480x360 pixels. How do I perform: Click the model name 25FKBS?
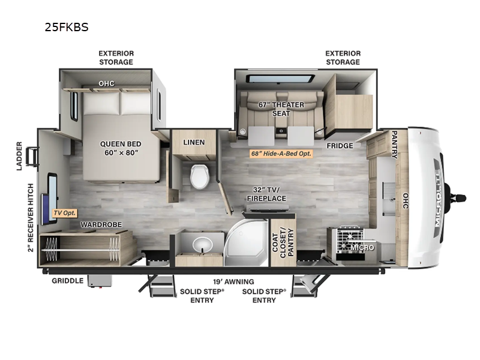pos(67,27)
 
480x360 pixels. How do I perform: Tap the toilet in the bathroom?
pos(200,176)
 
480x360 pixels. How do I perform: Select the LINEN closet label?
pos(194,142)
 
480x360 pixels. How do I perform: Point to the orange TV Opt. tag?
pos(65,213)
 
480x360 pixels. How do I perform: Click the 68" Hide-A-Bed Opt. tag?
pos(281,154)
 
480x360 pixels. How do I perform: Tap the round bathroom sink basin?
pos(202,245)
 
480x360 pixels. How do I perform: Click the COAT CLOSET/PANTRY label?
pos(283,242)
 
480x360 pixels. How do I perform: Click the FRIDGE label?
pos(340,146)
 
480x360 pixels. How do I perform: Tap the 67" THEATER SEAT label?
pos(281,109)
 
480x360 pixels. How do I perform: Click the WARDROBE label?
pos(101,224)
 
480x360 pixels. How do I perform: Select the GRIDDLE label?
pos(67,281)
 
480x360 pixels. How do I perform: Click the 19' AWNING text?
pos(233,281)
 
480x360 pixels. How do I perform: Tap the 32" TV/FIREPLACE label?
pos(266,194)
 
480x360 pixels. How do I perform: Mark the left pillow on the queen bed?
pos(101,103)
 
